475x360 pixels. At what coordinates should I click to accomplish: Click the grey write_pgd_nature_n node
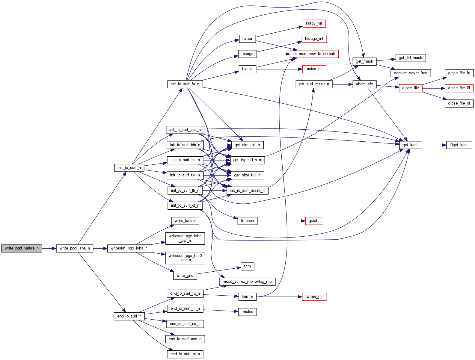(22, 248)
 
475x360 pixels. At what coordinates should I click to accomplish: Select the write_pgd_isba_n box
(75, 248)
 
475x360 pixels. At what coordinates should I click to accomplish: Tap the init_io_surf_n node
(129, 168)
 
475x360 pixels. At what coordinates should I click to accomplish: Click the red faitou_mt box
(314, 23)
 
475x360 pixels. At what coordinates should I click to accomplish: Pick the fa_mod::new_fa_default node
(314, 54)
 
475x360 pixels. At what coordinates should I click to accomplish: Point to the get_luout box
(410, 145)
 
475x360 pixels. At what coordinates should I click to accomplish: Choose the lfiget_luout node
(459, 145)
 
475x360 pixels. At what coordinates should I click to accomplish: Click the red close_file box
(411, 88)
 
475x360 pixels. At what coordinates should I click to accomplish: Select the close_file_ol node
(459, 103)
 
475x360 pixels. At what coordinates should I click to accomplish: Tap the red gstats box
(314, 221)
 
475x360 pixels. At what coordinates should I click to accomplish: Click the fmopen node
(247, 221)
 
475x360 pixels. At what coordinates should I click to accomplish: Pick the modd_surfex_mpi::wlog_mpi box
(247, 282)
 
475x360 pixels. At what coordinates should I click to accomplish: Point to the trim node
(247, 266)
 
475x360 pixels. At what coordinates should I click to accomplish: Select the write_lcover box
(185, 221)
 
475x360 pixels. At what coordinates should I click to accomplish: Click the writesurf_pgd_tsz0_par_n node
(185, 258)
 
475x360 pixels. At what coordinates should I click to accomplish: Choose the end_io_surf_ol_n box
(185, 354)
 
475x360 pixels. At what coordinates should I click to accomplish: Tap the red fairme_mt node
(314, 297)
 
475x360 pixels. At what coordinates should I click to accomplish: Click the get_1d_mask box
(410, 58)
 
